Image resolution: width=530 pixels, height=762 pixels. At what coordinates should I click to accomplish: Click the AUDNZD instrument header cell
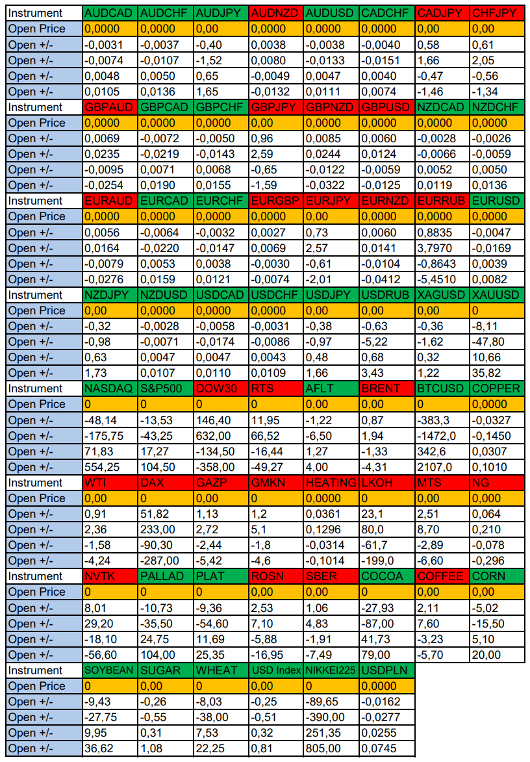(275, 13)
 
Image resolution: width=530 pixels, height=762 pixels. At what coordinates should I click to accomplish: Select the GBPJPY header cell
(275, 107)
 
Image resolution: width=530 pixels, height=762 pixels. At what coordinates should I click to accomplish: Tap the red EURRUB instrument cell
(442, 201)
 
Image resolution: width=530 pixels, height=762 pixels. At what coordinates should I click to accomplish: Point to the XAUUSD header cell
(497, 295)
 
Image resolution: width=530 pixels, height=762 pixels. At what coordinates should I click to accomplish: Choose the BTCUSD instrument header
(442, 388)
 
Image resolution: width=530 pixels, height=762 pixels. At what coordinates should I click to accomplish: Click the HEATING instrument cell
(331, 483)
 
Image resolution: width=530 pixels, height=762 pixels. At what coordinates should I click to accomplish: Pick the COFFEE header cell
(442, 576)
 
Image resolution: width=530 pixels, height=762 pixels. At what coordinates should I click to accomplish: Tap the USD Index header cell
(275, 670)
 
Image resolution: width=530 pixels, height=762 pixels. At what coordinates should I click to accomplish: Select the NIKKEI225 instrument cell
(331, 670)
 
